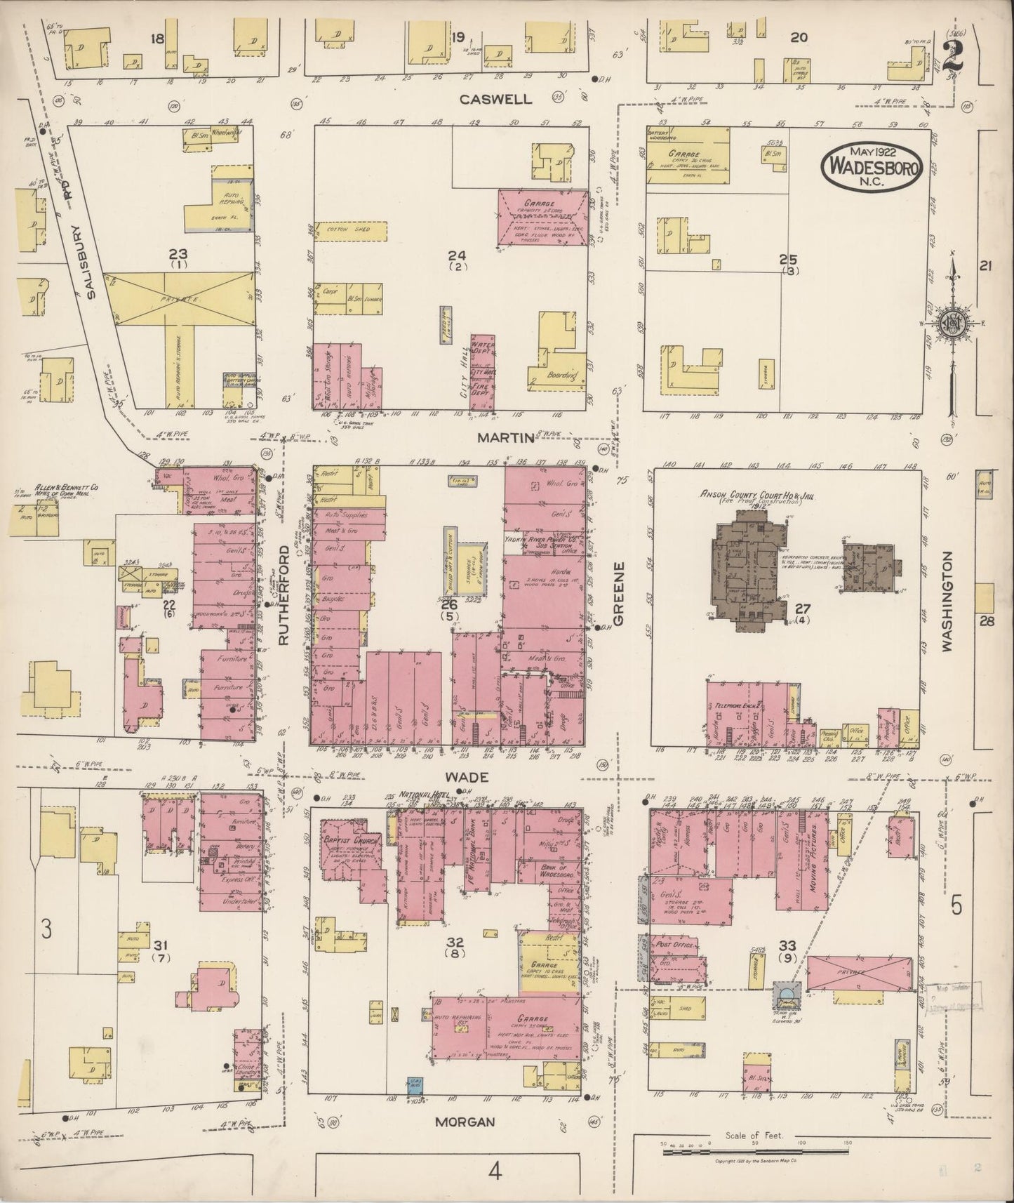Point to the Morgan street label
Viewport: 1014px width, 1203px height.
[464, 1122]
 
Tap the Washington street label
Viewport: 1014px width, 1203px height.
[947, 602]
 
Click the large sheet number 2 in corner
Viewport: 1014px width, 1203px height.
[952, 54]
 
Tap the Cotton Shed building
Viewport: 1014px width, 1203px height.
[349, 230]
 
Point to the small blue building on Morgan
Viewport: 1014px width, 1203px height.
[415, 1103]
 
